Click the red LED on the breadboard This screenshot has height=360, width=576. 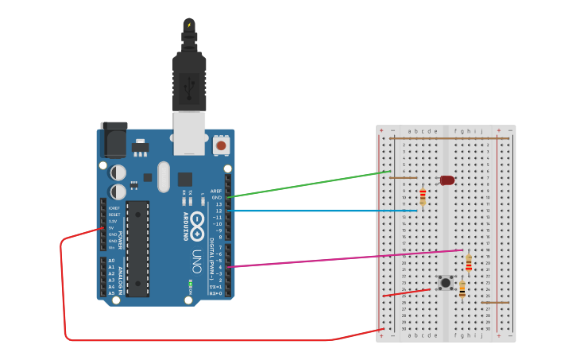(x=447, y=180)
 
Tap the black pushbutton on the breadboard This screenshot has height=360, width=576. (x=446, y=282)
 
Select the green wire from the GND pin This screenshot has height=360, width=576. (x=310, y=184)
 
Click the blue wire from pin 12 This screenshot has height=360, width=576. (x=318, y=211)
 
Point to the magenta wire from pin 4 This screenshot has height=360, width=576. (x=342, y=258)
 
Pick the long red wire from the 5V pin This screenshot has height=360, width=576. (x=199, y=340)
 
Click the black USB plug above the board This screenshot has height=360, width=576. (x=189, y=79)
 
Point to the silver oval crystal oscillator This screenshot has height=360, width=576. (x=164, y=176)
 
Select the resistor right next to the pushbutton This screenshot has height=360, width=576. (x=462, y=288)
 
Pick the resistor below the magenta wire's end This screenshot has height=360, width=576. (x=469, y=262)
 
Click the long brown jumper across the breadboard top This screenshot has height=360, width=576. (x=449, y=138)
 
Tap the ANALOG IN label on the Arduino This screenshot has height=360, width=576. (x=120, y=278)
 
